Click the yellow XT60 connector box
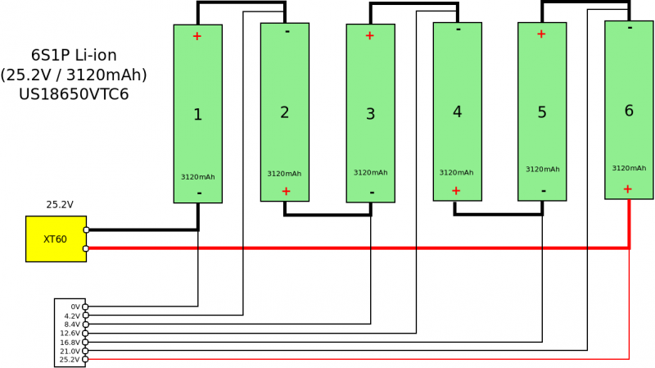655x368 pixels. click(x=56, y=239)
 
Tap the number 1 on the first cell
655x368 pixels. click(x=197, y=115)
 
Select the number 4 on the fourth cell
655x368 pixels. click(x=457, y=111)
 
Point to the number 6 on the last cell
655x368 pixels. click(x=629, y=111)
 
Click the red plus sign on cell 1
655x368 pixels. click(x=196, y=36)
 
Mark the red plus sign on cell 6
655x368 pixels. click(x=627, y=189)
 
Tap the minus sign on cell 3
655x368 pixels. click(x=372, y=193)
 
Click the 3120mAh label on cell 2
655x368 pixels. click(x=284, y=173)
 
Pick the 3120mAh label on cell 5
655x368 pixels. click(x=542, y=169)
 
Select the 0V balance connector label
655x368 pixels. click(x=75, y=307)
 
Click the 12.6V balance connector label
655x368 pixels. click(x=70, y=334)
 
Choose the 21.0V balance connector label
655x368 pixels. click(x=70, y=351)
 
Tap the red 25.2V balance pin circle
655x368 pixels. click(x=86, y=360)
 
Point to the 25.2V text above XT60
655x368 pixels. click(x=59, y=205)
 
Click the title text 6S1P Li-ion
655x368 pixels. click(x=74, y=56)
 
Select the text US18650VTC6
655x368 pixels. click(x=74, y=94)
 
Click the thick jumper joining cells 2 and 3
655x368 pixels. click(x=327, y=215)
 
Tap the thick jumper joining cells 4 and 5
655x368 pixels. click(x=499, y=214)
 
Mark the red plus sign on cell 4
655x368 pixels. click(x=456, y=190)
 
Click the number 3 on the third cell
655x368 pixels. click(x=370, y=114)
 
